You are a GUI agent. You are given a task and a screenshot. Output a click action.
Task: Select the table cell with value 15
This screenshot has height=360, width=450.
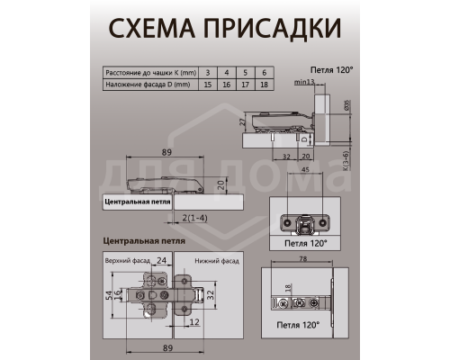click(207, 85)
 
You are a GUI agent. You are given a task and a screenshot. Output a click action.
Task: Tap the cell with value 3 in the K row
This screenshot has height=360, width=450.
click(207, 71)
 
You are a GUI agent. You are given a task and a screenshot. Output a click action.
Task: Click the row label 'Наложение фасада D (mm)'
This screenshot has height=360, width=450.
click(144, 85)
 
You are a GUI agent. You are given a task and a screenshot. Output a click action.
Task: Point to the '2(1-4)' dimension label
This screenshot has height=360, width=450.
click(193, 217)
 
